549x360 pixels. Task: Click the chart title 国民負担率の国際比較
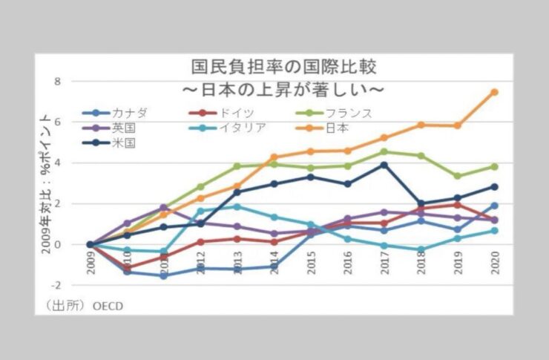[283, 67]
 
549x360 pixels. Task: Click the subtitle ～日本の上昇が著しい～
[283, 90]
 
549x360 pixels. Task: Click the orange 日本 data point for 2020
[494, 92]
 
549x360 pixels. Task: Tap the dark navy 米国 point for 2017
[384, 165]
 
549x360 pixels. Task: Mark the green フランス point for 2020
[494, 166]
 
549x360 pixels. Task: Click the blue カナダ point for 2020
[494, 206]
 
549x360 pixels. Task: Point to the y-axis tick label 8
[77, 81]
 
